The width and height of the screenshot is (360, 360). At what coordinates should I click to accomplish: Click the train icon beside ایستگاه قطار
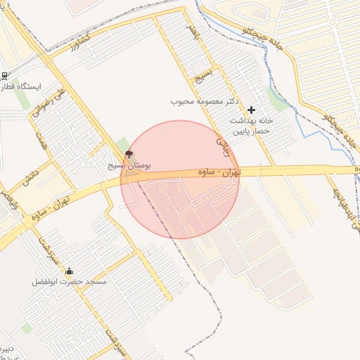coord(5,76)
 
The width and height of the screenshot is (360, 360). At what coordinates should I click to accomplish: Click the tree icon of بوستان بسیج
coord(129,155)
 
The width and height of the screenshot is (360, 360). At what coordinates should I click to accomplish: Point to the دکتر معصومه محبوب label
coord(206,101)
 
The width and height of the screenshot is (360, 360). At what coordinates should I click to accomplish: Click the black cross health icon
coord(252,110)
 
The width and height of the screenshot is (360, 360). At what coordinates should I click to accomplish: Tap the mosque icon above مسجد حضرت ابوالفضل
coord(69,271)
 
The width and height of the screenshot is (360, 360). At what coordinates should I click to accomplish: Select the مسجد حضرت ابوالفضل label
coord(69,282)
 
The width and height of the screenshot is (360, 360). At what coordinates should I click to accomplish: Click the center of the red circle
coord(180,179)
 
